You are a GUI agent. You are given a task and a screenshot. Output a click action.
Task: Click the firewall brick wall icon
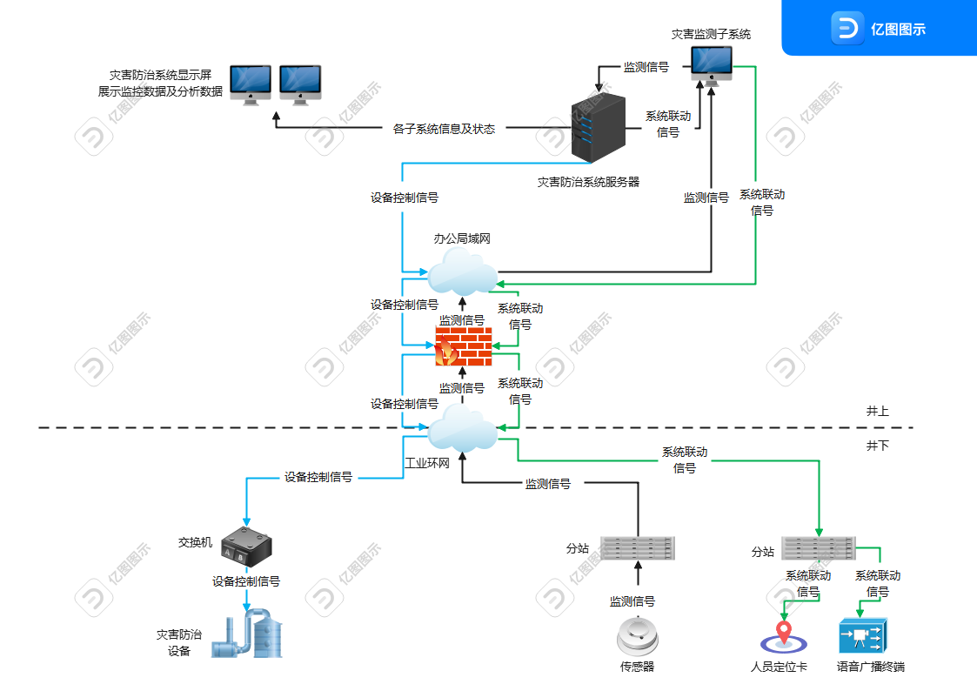tap(463, 346)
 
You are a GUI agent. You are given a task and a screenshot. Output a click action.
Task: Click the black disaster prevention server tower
tap(599, 128)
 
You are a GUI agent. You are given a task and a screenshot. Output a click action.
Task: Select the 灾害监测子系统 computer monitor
tap(712, 67)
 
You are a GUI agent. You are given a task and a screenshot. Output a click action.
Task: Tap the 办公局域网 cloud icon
tap(462, 272)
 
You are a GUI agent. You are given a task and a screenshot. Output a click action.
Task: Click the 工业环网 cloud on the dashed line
tap(462, 428)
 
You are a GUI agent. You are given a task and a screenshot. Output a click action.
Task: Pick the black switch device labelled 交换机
tap(247, 547)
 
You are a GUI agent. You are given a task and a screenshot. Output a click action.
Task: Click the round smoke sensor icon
tap(638, 636)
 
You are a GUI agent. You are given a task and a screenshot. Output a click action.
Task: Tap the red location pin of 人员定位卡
tap(784, 632)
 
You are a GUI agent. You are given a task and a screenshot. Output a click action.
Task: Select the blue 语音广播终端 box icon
tap(863, 636)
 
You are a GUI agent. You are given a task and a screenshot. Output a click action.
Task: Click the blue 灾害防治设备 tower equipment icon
tap(247, 634)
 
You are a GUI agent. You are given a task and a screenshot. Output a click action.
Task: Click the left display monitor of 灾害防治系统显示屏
tap(251, 84)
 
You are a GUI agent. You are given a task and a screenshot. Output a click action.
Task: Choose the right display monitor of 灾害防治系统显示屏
tap(300, 84)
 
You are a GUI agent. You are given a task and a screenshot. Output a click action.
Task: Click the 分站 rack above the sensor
tap(638, 548)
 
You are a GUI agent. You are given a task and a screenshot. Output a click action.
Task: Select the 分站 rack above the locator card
tap(818, 548)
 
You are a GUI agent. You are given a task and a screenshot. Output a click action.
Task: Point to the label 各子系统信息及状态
tap(444, 129)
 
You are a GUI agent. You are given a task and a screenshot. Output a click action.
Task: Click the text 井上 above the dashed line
tap(877, 412)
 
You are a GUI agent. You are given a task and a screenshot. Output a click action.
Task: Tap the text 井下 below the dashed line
tap(877, 446)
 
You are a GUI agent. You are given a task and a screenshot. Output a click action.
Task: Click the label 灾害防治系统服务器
tap(588, 182)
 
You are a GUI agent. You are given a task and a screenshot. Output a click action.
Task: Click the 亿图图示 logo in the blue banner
tap(879, 29)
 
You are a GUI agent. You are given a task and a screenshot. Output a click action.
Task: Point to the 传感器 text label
tap(637, 667)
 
